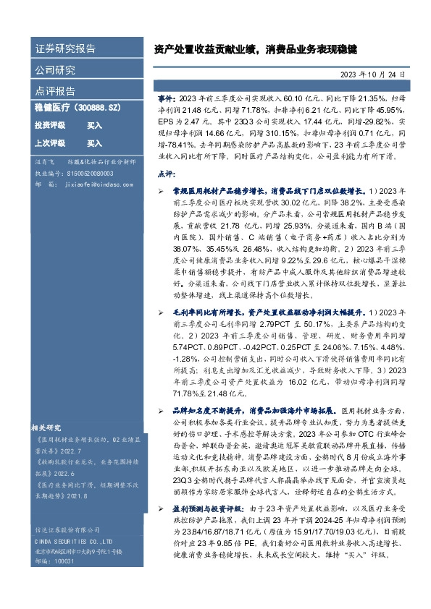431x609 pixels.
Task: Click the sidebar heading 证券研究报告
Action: (65, 49)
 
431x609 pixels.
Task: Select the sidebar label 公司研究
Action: (55, 70)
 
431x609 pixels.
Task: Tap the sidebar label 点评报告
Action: (55, 91)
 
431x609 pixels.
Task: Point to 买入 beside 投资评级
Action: (94, 125)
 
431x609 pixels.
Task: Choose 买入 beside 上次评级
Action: (94, 143)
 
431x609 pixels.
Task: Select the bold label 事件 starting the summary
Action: (166, 97)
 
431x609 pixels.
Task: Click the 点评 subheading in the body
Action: (166, 174)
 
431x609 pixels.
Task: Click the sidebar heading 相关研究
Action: (47, 426)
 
